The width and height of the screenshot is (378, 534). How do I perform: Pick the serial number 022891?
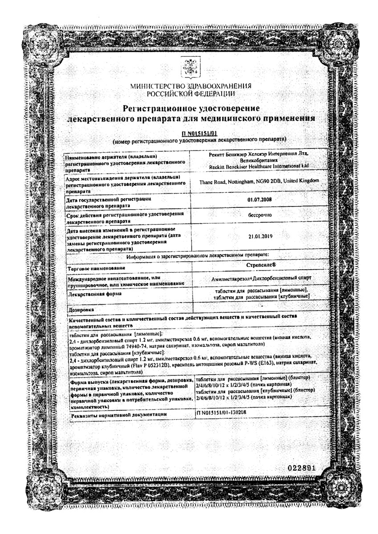click(301, 468)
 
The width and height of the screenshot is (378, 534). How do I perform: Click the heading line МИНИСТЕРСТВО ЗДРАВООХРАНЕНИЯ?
click(191, 86)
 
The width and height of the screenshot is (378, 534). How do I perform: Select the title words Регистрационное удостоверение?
click(191, 108)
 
